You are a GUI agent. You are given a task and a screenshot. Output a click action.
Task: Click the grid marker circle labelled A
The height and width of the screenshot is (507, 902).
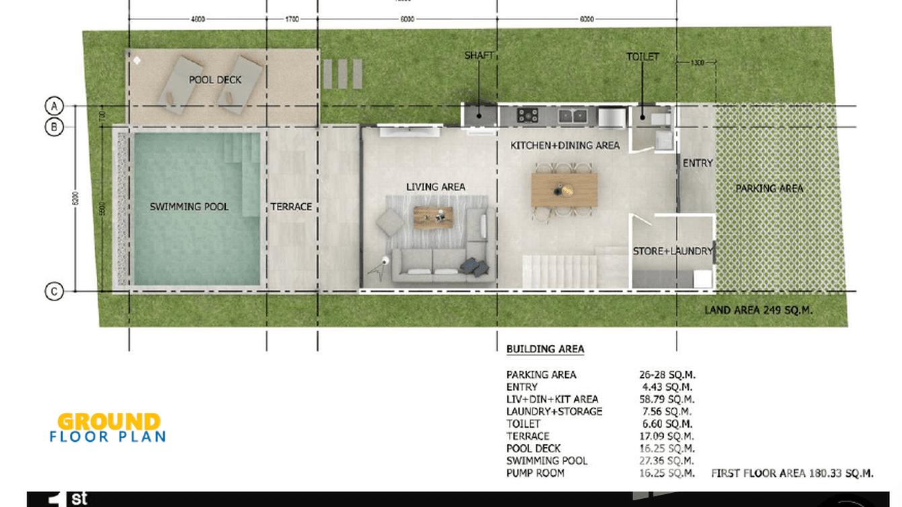point(54,106)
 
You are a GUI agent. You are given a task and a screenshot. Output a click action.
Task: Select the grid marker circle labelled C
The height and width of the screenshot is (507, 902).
point(54,292)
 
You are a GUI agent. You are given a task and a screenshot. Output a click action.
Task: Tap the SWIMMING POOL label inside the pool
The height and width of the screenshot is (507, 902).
point(189,206)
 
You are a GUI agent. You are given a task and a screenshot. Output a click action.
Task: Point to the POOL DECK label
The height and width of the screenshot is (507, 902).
point(215,80)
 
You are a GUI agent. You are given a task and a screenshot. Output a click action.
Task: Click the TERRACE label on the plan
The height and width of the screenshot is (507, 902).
point(291,206)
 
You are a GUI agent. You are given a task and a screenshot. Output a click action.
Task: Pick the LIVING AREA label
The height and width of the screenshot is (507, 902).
point(436,187)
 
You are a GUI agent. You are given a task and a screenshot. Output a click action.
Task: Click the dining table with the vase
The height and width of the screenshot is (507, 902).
point(564,190)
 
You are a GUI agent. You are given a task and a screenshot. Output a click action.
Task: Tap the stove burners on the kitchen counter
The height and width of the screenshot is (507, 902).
point(528,116)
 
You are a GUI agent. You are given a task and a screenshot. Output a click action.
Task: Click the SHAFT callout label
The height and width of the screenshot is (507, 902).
point(479,56)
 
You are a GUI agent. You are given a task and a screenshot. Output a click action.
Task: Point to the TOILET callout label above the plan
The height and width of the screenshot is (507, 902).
point(643,57)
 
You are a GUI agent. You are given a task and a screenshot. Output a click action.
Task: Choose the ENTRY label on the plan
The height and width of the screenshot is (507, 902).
point(698,163)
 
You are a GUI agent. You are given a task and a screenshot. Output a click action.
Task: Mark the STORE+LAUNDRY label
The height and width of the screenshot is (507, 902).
point(673,251)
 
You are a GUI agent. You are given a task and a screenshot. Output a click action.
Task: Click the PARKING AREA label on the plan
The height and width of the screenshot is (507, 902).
point(770,188)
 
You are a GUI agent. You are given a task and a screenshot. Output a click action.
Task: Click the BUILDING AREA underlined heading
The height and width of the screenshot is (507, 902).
point(545,349)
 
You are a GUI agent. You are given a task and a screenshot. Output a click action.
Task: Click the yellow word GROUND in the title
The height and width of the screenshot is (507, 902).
point(109,422)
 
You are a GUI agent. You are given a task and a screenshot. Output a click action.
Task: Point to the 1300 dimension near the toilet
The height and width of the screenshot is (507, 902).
point(697,63)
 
